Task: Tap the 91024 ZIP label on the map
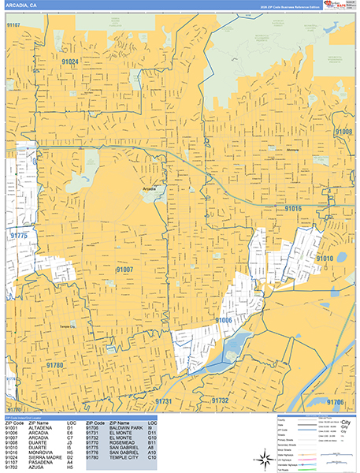pos(70,61)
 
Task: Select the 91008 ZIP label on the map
pos(343,132)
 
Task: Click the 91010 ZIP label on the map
pos(325,258)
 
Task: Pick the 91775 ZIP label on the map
pos(19,236)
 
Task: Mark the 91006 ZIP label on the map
pos(224,320)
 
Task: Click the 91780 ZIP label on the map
pos(54,366)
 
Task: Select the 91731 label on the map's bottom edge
pos(163,401)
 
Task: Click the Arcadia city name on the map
pos(150,189)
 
